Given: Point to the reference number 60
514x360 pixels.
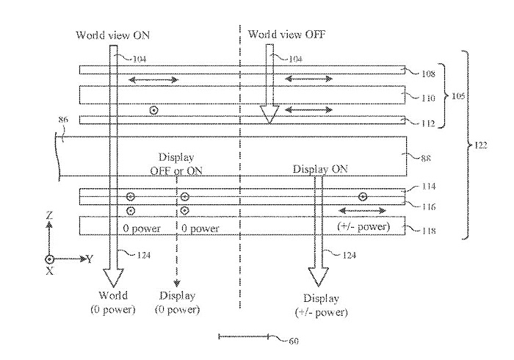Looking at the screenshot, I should pyautogui.click(x=294, y=341).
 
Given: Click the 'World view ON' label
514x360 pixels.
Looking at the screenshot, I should pyautogui.click(x=108, y=35).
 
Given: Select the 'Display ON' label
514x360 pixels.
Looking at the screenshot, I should pyautogui.click(x=320, y=169).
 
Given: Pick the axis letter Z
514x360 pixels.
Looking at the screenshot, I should pyautogui.click(x=48, y=217).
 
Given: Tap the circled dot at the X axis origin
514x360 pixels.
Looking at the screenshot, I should pyautogui.click(x=49, y=259).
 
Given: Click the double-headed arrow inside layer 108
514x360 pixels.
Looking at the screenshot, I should pyautogui.click(x=153, y=79).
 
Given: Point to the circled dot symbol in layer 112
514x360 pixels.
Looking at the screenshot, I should pyautogui.click(x=153, y=110).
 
